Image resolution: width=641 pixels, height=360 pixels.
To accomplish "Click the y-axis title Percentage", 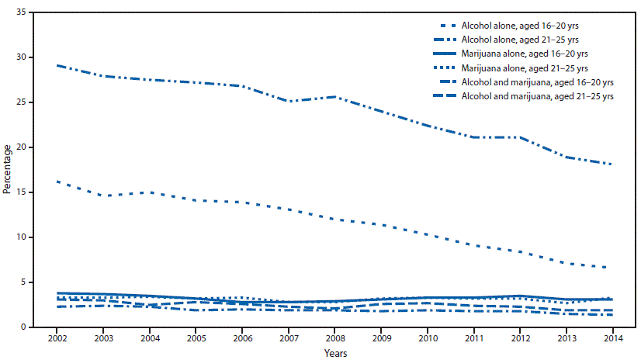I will tap(7, 170).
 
